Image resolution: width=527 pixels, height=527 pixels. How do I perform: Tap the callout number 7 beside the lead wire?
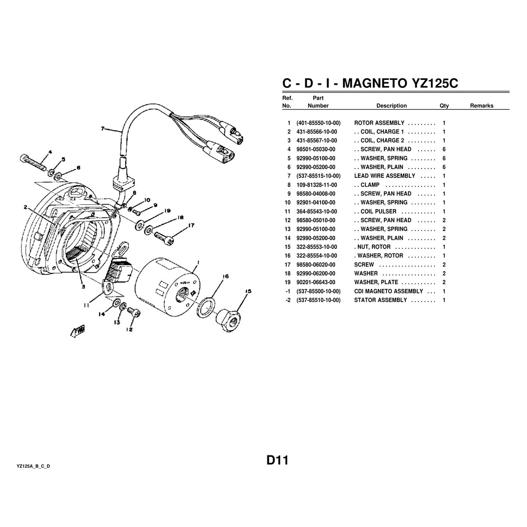(x=103, y=129)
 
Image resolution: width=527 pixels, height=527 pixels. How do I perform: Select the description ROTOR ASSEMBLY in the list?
(x=379, y=123)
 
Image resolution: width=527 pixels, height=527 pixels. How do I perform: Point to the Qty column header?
(x=444, y=106)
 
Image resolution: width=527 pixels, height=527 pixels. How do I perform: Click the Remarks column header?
(x=481, y=106)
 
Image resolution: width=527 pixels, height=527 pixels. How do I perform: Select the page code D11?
(x=277, y=461)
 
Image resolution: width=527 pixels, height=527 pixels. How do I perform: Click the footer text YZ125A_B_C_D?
(x=33, y=466)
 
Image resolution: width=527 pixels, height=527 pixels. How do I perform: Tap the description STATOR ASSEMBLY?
(x=380, y=300)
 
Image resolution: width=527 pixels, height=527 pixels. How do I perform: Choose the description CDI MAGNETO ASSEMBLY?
(x=388, y=291)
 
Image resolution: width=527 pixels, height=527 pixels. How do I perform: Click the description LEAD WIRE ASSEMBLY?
(x=384, y=176)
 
